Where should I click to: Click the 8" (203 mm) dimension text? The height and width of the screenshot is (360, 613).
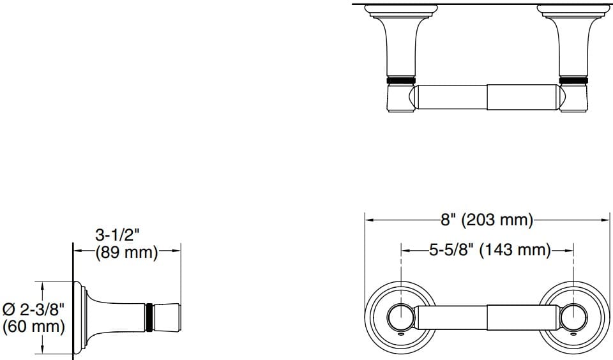tap(487, 220)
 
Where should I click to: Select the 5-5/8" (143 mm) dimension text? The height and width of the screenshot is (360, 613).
tap(489, 250)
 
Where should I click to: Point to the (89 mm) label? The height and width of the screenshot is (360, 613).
tap(126, 252)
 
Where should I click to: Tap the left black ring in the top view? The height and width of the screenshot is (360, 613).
tap(401, 80)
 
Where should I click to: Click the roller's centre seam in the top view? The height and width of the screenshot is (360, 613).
tap(488, 98)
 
